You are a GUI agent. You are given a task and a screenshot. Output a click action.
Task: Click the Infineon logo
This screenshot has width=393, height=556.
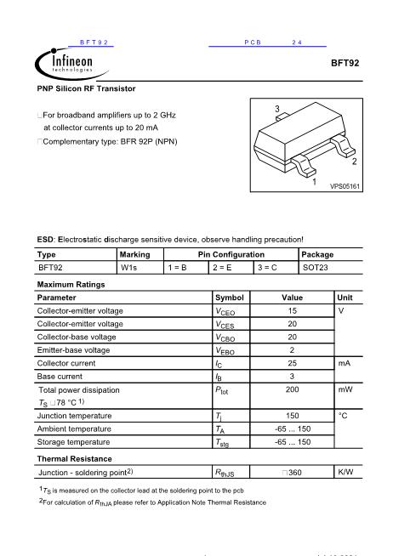[64, 63]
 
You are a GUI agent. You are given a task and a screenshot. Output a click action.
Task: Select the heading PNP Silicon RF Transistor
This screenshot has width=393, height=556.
[86, 88]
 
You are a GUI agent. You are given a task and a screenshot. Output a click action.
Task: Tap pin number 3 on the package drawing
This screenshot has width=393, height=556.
[277, 109]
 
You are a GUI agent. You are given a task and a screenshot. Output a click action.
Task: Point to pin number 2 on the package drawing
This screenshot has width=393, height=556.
[354, 161]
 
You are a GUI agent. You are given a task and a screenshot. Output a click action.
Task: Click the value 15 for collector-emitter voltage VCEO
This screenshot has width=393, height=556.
[292, 311]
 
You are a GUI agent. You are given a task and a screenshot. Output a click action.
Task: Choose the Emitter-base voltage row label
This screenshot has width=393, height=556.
[73, 349]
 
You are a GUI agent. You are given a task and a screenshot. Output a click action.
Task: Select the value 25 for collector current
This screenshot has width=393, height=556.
[292, 363]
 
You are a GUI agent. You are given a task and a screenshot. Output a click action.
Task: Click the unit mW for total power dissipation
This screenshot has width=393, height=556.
[345, 389]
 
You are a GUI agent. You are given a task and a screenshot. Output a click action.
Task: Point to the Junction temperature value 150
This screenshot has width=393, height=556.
[292, 416]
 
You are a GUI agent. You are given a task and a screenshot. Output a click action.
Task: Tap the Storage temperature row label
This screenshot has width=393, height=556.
[75, 442]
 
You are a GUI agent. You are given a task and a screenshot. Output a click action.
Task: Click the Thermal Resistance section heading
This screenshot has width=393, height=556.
[75, 458]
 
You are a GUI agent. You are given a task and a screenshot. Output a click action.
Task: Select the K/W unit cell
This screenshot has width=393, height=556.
[345, 471]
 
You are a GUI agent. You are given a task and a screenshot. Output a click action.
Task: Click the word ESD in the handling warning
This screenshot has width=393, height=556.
[44, 240]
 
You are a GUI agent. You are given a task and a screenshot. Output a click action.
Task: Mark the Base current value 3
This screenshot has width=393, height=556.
[292, 376]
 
